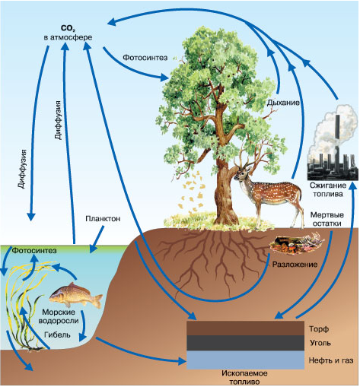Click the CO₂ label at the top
67,28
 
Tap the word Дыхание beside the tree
283,103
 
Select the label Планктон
103,218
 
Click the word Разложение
295,265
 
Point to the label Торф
319,329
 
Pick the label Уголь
320,343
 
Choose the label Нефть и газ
331,360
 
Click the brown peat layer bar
245,328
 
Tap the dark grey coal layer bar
245,343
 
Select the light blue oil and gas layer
245,360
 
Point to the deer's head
241,173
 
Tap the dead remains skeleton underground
296,244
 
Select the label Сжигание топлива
328,189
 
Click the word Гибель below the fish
57,335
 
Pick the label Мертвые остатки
327,219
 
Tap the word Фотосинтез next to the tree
145,58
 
